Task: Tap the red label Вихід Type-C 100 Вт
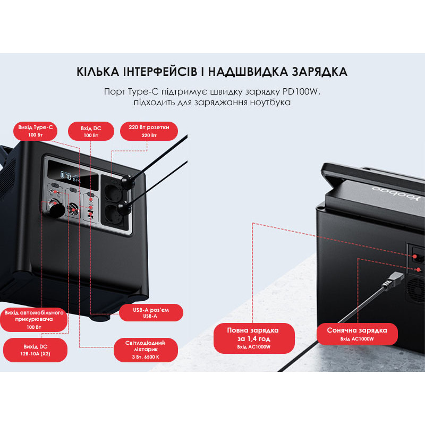(36, 131)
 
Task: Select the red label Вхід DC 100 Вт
(91, 131)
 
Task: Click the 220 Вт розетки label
(149, 131)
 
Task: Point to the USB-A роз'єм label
(151, 312)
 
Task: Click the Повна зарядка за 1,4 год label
(253, 338)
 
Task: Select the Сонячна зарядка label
(357, 334)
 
